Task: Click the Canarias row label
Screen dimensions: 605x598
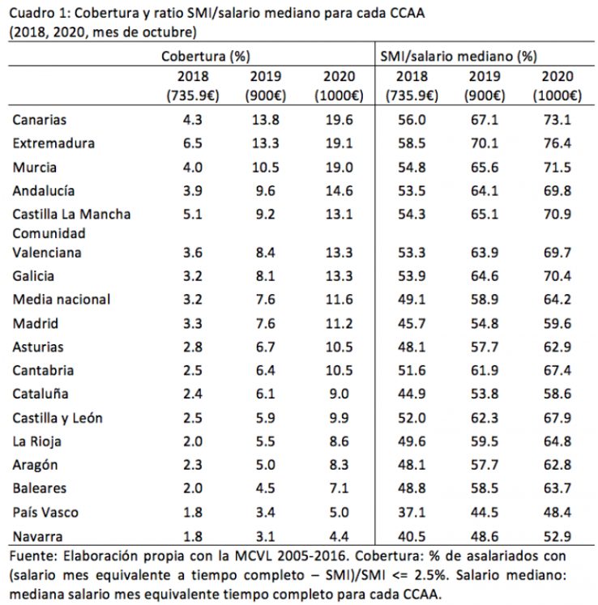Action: coord(39,120)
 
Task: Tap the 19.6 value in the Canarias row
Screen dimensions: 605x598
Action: coord(337,120)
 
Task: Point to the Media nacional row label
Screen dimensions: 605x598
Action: coord(62,299)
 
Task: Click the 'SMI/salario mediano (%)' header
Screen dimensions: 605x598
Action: coord(459,57)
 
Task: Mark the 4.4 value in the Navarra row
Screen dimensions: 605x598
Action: coord(337,536)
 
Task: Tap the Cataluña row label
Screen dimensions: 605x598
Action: coord(41,394)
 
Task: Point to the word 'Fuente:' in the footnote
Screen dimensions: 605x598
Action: coord(31,557)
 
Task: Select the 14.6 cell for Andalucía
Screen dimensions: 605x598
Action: coord(337,191)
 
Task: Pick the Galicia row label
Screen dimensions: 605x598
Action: coord(34,276)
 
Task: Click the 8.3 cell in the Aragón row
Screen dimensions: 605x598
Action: coord(337,466)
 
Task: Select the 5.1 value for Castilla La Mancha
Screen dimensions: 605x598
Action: coord(191,215)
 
